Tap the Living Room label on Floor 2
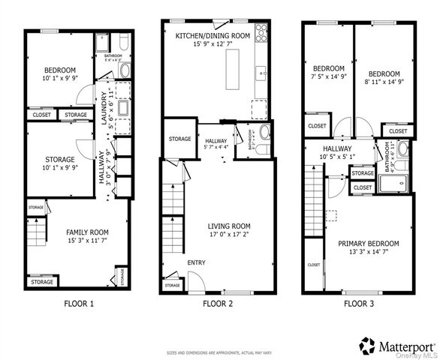point(229,226)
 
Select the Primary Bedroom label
point(368,243)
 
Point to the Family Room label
point(87,232)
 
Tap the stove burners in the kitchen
point(262,31)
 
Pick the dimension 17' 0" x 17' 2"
point(229,235)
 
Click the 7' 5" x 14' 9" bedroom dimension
point(329,76)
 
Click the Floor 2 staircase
point(173,202)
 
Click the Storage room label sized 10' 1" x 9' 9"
point(59,160)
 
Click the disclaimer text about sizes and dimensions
point(219,352)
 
